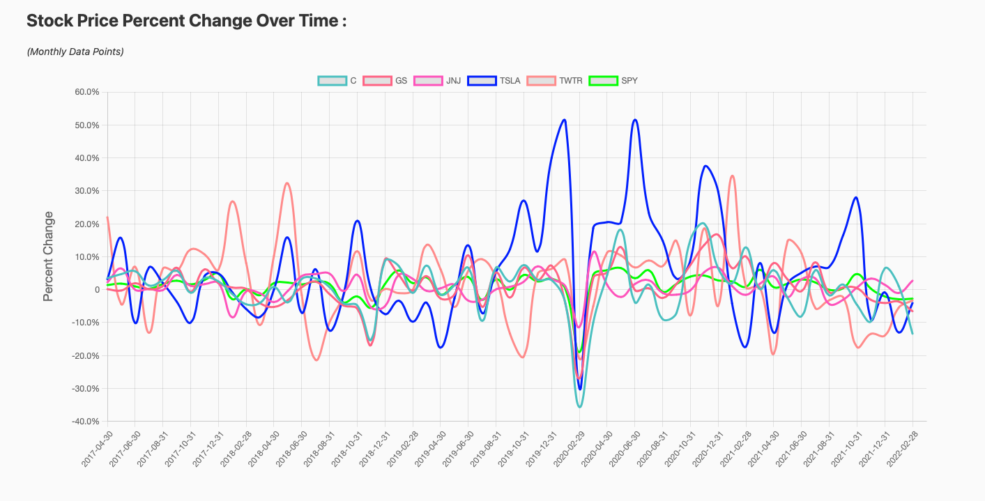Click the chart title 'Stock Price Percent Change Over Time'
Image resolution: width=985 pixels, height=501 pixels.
tap(186, 21)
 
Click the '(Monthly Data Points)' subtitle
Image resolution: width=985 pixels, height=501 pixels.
tap(75, 52)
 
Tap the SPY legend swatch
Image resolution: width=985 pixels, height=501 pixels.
tap(603, 81)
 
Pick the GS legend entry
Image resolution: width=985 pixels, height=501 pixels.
tap(383, 81)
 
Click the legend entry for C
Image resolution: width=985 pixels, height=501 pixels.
tap(337, 81)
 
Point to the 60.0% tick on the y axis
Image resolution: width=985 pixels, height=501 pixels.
tap(87, 92)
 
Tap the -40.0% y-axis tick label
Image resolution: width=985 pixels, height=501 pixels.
tap(86, 422)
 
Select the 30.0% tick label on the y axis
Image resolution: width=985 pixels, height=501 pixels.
tap(87, 191)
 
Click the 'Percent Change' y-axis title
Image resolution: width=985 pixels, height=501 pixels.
tap(48, 256)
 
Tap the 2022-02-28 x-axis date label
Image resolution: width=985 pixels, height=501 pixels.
tap(899, 443)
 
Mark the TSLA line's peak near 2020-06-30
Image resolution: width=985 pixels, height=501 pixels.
tap(634, 120)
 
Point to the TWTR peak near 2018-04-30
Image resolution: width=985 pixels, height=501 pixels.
tap(287, 184)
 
